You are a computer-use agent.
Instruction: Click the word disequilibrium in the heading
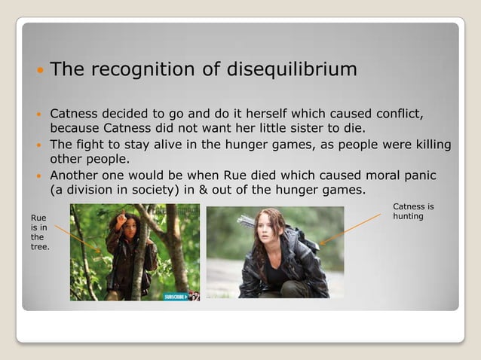click(x=291, y=70)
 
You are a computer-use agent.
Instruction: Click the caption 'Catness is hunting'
click(x=413, y=211)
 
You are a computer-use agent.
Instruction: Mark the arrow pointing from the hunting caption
click(x=350, y=229)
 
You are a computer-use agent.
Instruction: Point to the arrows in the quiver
click(x=247, y=221)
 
